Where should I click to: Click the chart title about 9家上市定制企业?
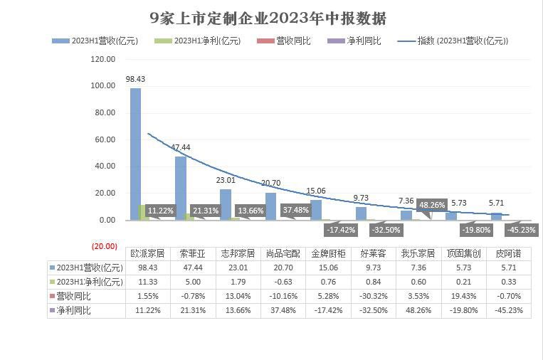pos(268,18)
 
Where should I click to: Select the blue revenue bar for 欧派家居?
pos(135,154)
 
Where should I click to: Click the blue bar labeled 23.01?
pos(226,204)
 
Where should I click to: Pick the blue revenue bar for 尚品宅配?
pos(270,206)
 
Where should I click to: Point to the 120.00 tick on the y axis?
pos(103,59)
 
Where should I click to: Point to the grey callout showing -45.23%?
pos(521,230)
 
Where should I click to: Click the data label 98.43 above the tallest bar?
pos(135,78)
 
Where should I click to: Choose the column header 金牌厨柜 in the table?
pos(328,253)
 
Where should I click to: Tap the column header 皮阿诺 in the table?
pos(507,253)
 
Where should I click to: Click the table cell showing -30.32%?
pos(373,296)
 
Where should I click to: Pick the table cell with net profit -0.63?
pos(284,282)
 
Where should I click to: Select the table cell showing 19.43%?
pos(463,296)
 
